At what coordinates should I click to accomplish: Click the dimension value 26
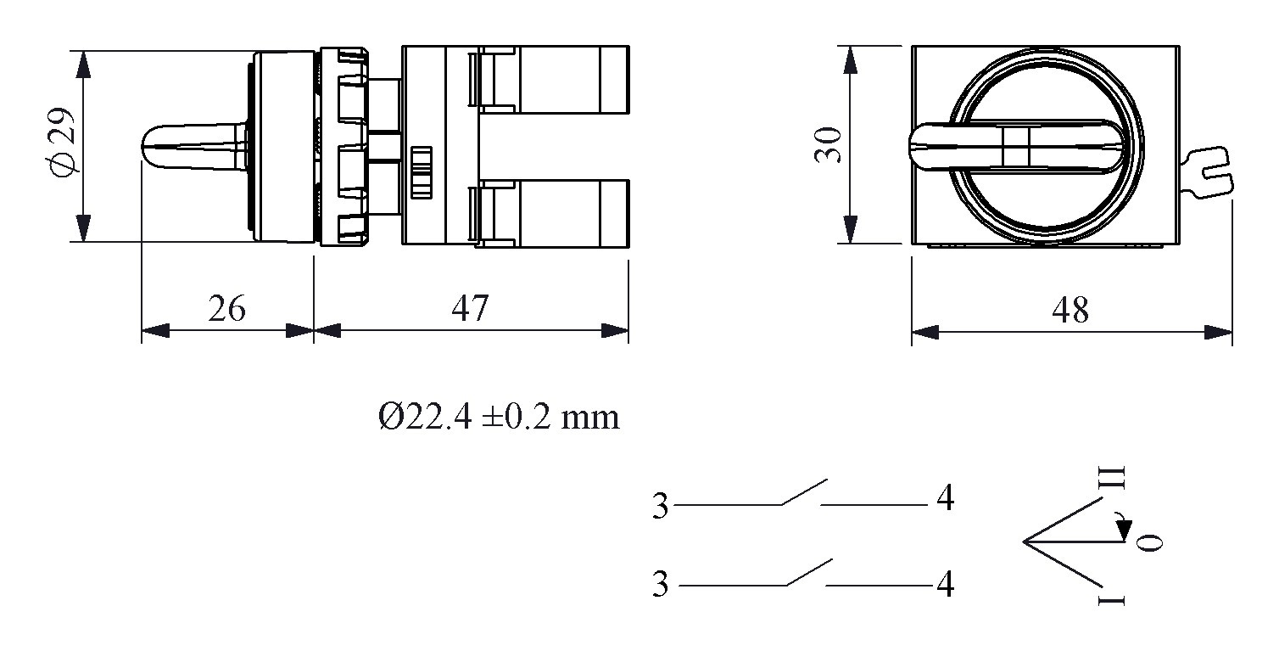pos(226,309)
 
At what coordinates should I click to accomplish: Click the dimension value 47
pos(470,309)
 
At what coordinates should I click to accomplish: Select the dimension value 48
pos(1070,311)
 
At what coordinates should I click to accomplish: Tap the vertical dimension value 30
pos(828,145)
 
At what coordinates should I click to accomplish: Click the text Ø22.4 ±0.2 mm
pos(499,418)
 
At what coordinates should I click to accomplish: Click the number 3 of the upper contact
pos(661,507)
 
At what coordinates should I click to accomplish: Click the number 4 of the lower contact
pos(945,585)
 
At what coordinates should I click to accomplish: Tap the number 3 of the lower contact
pos(661,586)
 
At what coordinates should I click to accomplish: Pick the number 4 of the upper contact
pos(945,500)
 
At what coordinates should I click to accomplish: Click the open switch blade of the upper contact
pos(803,492)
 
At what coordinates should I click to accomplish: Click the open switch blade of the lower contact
pos(808,571)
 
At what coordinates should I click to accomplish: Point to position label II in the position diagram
pos(1118,477)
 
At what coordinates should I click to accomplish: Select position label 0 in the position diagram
pos(1149,542)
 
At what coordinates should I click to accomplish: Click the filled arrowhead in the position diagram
pos(1123,530)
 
